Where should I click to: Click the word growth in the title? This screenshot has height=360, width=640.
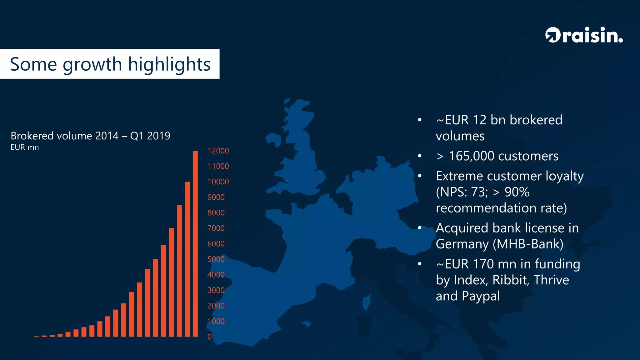point(92,64)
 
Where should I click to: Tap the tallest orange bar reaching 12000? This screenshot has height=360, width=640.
point(195,244)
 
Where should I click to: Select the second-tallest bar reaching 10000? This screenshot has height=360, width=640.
point(187,259)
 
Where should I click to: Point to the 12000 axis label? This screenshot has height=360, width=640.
point(218,151)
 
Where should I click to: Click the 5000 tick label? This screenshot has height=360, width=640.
point(216,259)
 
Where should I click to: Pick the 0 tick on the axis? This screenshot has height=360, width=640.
point(210,337)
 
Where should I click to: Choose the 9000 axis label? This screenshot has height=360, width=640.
point(216,197)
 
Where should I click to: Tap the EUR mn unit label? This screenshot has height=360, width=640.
point(25,147)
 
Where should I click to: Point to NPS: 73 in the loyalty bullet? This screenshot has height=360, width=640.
point(462,192)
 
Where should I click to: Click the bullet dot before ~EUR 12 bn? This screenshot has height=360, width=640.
point(420,120)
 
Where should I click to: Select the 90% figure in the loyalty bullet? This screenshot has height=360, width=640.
point(517,192)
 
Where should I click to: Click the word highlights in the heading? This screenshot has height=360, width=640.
point(169,64)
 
